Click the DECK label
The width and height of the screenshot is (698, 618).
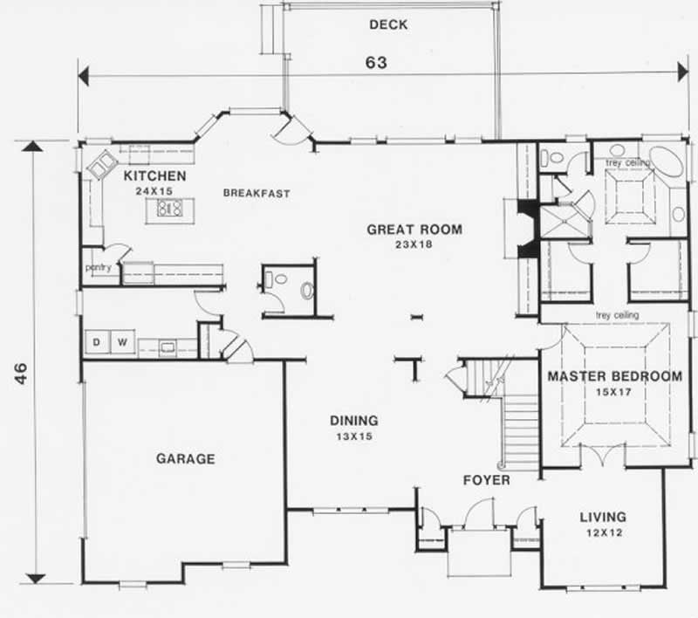[x=388, y=24]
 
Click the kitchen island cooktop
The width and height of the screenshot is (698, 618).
[x=168, y=208]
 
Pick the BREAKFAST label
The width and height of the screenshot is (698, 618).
[x=256, y=193]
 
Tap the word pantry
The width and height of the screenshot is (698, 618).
[x=98, y=268]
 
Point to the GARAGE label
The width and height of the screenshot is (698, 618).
[x=185, y=458]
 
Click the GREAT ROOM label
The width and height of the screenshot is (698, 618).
[x=414, y=230]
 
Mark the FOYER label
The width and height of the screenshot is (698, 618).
[x=487, y=480]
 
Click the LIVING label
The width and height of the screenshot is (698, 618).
[x=603, y=518]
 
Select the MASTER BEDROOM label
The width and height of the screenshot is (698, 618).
[x=614, y=377]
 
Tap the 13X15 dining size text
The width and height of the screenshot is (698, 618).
[x=352, y=436]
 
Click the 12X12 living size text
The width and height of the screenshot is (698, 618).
[x=603, y=533]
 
